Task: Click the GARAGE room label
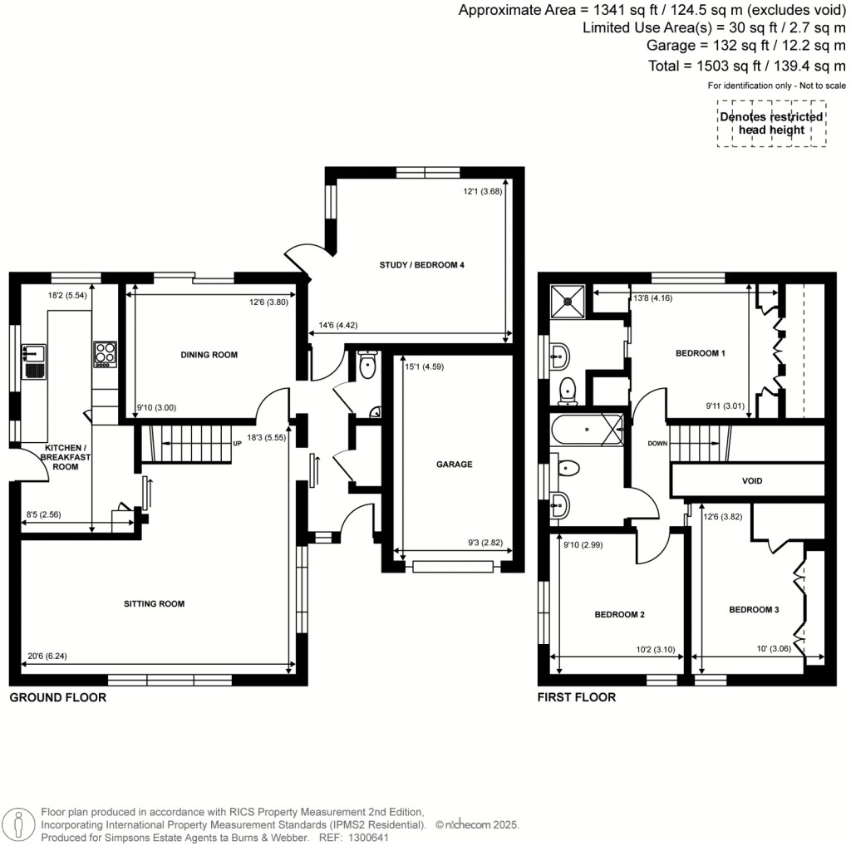454,465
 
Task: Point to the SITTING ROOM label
149,604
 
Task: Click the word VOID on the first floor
751,481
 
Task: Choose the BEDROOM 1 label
701,353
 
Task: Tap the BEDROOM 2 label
619,615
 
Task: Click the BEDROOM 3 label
754,610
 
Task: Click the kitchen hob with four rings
106,353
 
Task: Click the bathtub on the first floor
587,430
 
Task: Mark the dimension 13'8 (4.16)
653,298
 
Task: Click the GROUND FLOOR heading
57,698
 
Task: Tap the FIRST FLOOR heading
577,698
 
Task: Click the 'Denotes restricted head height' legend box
772,124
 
